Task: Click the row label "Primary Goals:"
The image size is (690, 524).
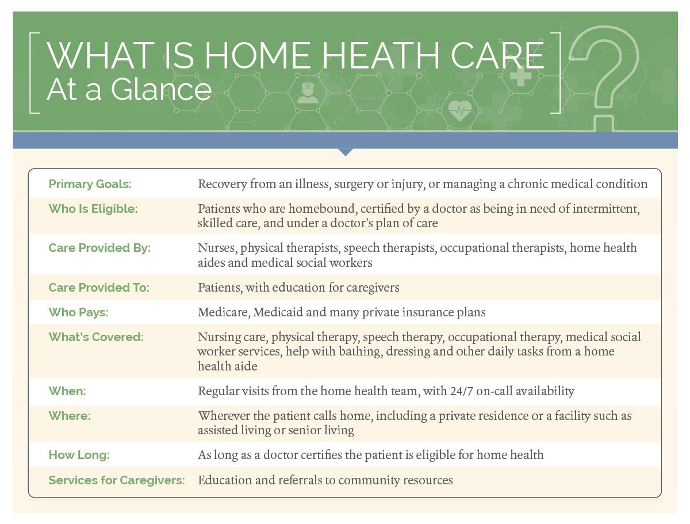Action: pos(90,184)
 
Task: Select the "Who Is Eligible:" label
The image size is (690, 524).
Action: pos(93,209)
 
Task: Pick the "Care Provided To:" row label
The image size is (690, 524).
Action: pos(98,287)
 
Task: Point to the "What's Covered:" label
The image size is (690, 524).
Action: pos(95,337)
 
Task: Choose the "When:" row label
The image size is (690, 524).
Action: pos(67,391)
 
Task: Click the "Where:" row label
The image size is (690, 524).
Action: pos(69,416)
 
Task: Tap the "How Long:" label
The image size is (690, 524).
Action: pos(79,455)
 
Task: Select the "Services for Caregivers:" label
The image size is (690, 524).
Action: pos(117,480)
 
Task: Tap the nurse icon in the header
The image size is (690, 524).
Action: pos(308,93)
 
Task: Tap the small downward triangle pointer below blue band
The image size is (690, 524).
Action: pos(345,152)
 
